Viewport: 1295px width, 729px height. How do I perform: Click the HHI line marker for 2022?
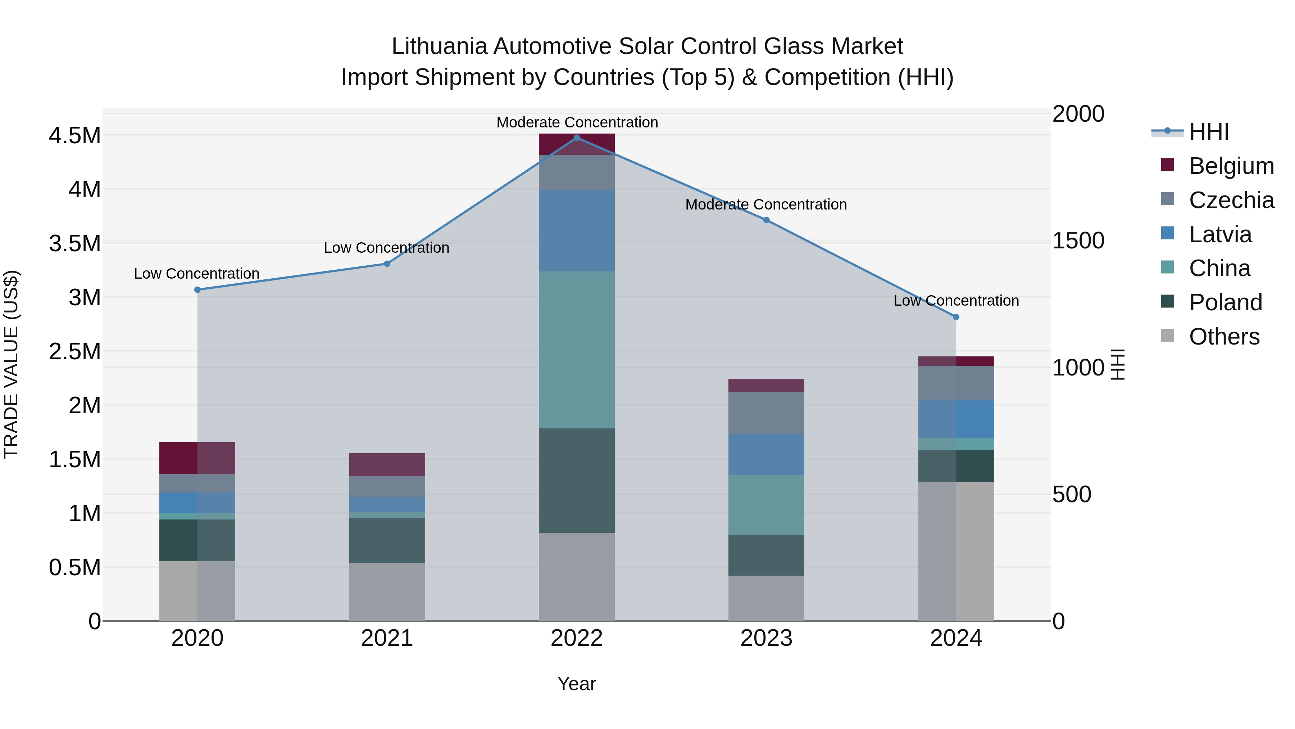coord(577,138)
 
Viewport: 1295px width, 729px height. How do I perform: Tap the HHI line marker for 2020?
coord(197,290)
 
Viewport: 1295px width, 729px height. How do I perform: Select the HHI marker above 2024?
coord(956,317)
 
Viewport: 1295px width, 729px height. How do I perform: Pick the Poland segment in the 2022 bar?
coord(577,481)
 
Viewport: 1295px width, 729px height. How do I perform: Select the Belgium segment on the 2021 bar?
coord(387,464)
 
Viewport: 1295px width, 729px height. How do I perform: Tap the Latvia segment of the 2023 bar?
coord(766,454)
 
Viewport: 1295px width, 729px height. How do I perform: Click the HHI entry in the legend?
coord(1209,132)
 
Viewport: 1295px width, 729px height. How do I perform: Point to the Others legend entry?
coord(1224,336)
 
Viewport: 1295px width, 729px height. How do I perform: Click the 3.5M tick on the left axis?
coord(74,243)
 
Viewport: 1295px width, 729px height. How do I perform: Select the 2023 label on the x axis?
coord(766,638)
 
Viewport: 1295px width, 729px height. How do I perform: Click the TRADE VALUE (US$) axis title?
coord(11,364)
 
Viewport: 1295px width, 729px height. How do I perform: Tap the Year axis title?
coord(577,684)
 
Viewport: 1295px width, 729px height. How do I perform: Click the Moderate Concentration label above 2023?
coord(766,205)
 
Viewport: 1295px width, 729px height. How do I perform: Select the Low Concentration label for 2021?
coord(387,248)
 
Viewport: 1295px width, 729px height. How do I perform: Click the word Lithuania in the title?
coord(439,46)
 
